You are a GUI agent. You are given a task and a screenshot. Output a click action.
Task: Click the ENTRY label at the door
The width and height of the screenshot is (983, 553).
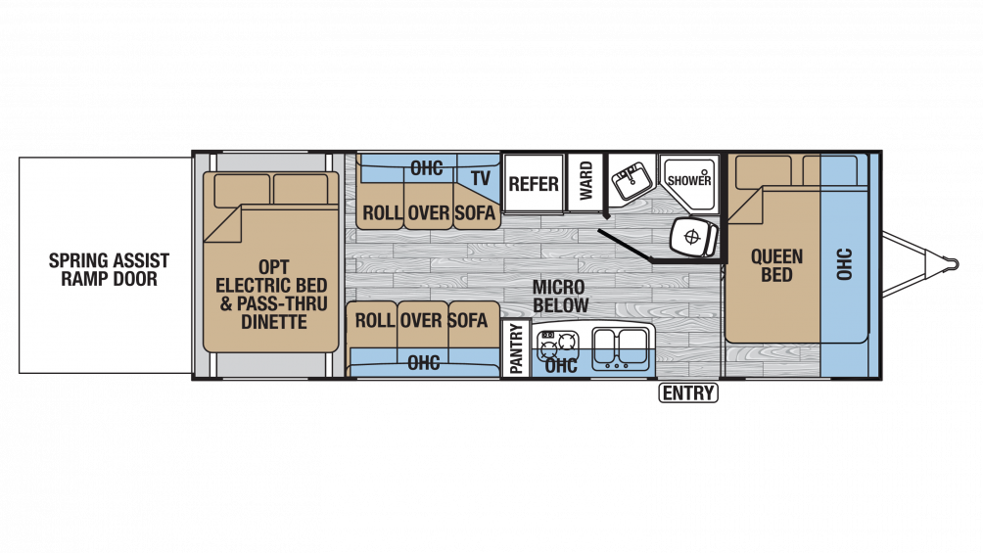pyautogui.click(x=688, y=393)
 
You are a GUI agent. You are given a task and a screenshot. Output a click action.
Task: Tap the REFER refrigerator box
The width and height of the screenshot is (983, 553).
pyautogui.click(x=533, y=183)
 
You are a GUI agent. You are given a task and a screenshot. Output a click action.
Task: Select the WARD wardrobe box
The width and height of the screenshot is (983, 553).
pyautogui.click(x=585, y=183)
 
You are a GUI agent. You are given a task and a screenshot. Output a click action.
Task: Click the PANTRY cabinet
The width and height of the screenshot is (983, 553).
pyautogui.click(x=516, y=348)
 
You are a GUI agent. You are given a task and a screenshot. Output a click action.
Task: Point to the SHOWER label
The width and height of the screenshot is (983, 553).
pyautogui.click(x=689, y=180)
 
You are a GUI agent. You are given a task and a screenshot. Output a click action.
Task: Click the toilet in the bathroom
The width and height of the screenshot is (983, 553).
pyautogui.click(x=693, y=236)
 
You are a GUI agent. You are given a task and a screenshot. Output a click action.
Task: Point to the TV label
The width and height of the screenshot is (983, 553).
pyautogui.click(x=480, y=178)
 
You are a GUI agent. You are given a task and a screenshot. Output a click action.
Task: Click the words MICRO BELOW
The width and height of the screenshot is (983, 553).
pyautogui.click(x=559, y=297)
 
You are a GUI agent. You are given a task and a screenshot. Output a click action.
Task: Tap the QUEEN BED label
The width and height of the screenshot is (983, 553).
pyautogui.click(x=776, y=265)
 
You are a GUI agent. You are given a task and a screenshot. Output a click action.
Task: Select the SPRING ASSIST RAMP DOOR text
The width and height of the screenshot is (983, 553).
pyautogui.click(x=109, y=269)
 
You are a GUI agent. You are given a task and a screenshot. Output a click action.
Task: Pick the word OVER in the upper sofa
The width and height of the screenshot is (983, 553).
pyautogui.click(x=428, y=212)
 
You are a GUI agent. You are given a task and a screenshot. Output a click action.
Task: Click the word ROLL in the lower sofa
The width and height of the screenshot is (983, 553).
pyautogui.click(x=374, y=320)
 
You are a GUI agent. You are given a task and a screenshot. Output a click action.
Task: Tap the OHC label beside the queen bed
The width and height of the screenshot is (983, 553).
pyautogui.click(x=845, y=264)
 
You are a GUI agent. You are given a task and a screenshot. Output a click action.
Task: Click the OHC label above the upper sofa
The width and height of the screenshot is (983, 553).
pyautogui.click(x=426, y=168)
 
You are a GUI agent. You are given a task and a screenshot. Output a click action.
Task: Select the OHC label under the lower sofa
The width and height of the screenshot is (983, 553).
pyautogui.click(x=423, y=362)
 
